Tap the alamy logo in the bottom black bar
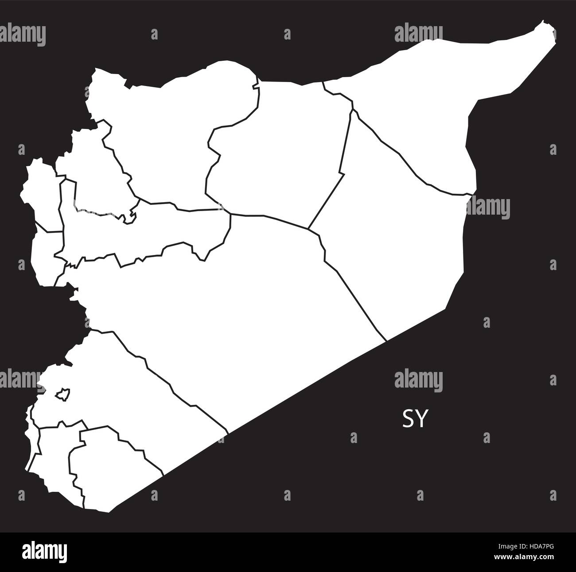click(x=50, y=552)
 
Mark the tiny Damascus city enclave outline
click(x=61, y=394)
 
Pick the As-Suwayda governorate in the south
click(x=115, y=470)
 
